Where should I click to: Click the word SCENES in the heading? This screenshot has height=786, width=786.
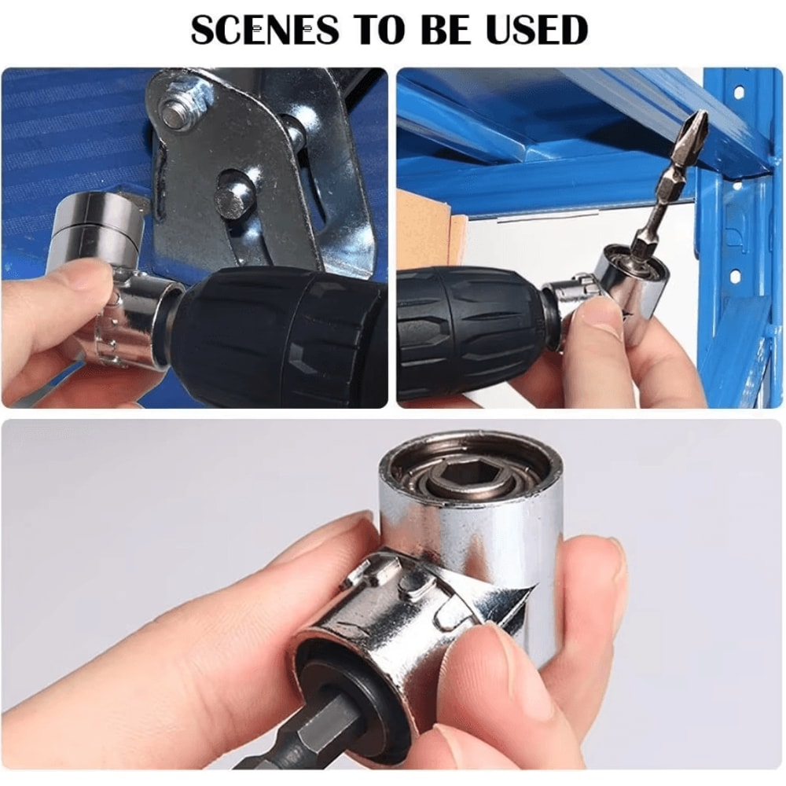click(x=263, y=31)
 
